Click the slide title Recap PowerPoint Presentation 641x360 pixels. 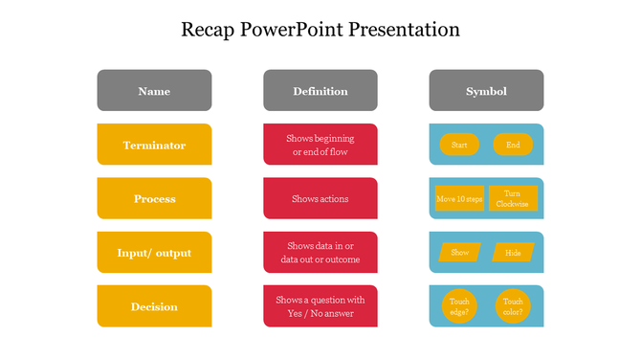tap(320, 30)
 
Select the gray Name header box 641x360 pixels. tap(154, 91)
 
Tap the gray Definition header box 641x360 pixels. tap(320, 91)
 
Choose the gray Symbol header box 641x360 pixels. tap(486, 91)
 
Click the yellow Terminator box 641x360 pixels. tap(154, 145)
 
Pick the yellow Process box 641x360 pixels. tap(154, 198)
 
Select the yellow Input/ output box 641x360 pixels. tap(154, 253)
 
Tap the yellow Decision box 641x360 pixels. tap(154, 306)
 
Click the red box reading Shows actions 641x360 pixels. tap(320, 198)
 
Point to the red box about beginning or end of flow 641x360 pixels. tap(320, 145)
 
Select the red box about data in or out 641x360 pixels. tap(320, 253)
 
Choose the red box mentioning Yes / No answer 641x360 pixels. tap(320, 306)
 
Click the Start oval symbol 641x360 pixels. tap(459, 145)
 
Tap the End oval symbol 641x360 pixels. tap(513, 145)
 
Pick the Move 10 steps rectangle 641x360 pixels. tap(459, 199)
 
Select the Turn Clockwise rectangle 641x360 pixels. tap(513, 198)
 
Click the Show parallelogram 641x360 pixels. tap(459, 253)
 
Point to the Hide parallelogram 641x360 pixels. tap(513, 253)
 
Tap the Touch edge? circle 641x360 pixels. tap(459, 306)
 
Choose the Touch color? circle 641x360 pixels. tap(513, 306)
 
